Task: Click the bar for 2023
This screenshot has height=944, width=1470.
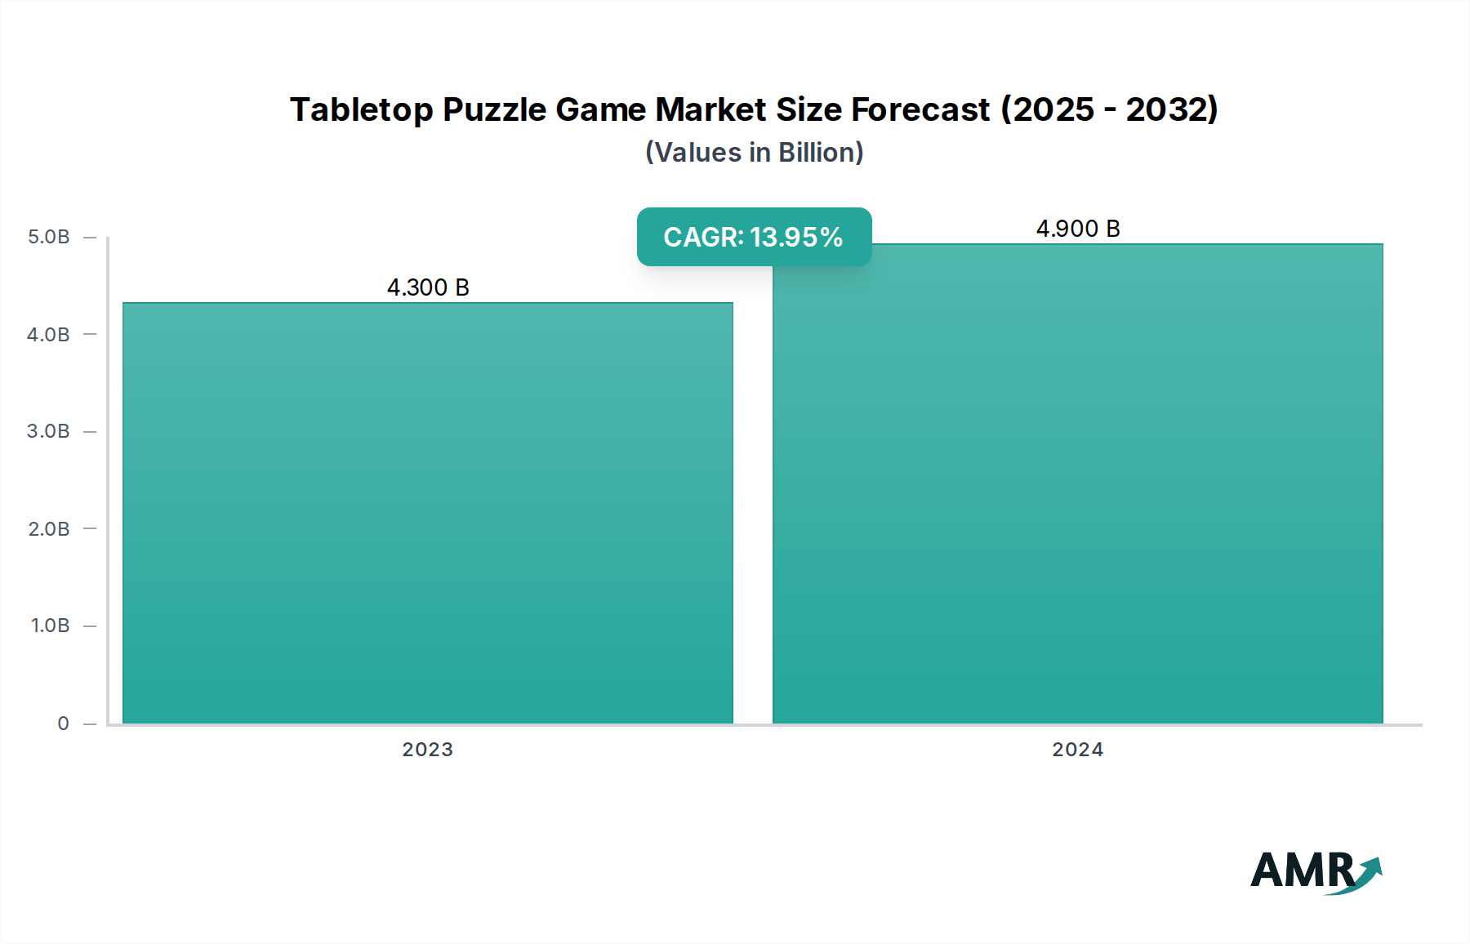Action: click(x=427, y=513)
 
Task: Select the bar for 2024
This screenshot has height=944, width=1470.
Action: click(x=1077, y=483)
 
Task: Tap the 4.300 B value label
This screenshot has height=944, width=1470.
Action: click(x=428, y=287)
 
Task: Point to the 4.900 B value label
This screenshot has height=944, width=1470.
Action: click(x=1077, y=229)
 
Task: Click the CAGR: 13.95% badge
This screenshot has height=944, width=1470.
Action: click(x=753, y=237)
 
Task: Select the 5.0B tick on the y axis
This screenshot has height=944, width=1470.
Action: click(x=49, y=237)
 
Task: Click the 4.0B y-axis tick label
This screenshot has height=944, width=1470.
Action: click(x=49, y=334)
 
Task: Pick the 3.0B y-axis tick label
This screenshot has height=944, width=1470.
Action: click(x=49, y=431)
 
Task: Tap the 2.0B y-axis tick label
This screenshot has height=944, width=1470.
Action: click(x=49, y=528)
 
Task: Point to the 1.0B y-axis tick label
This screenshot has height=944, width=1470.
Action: click(x=50, y=626)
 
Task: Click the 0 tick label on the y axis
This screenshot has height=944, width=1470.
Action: click(x=63, y=723)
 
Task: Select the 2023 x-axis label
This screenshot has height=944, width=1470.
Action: click(x=427, y=750)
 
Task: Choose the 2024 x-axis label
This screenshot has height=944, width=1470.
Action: click(x=1077, y=750)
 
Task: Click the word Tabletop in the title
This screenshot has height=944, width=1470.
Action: click(x=361, y=109)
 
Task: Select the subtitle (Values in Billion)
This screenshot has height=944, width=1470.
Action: click(x=754, y=153)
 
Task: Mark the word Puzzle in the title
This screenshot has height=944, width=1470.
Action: click(x=494, y=109)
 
